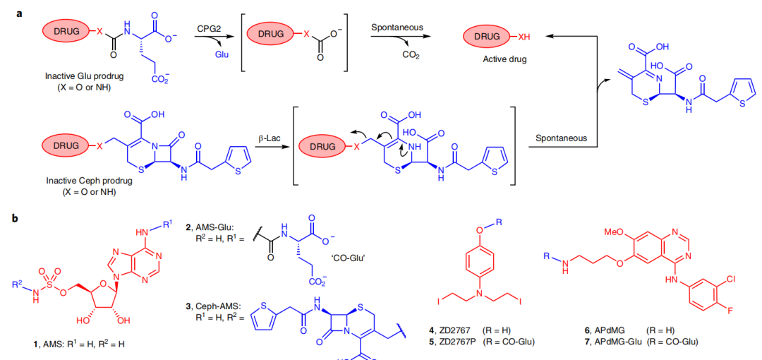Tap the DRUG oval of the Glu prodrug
[68, 30]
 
